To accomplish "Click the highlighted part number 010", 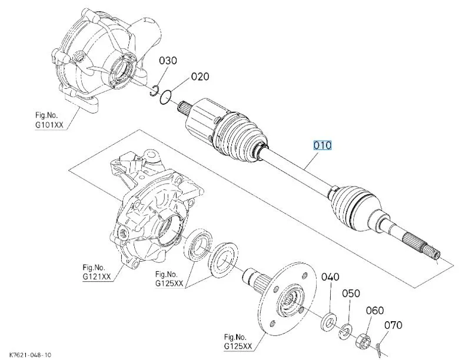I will point(323,145).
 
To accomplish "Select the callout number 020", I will point(199,76).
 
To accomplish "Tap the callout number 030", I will point(168,61).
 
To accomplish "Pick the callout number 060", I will point(375,311).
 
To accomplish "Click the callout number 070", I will point(393,325).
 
